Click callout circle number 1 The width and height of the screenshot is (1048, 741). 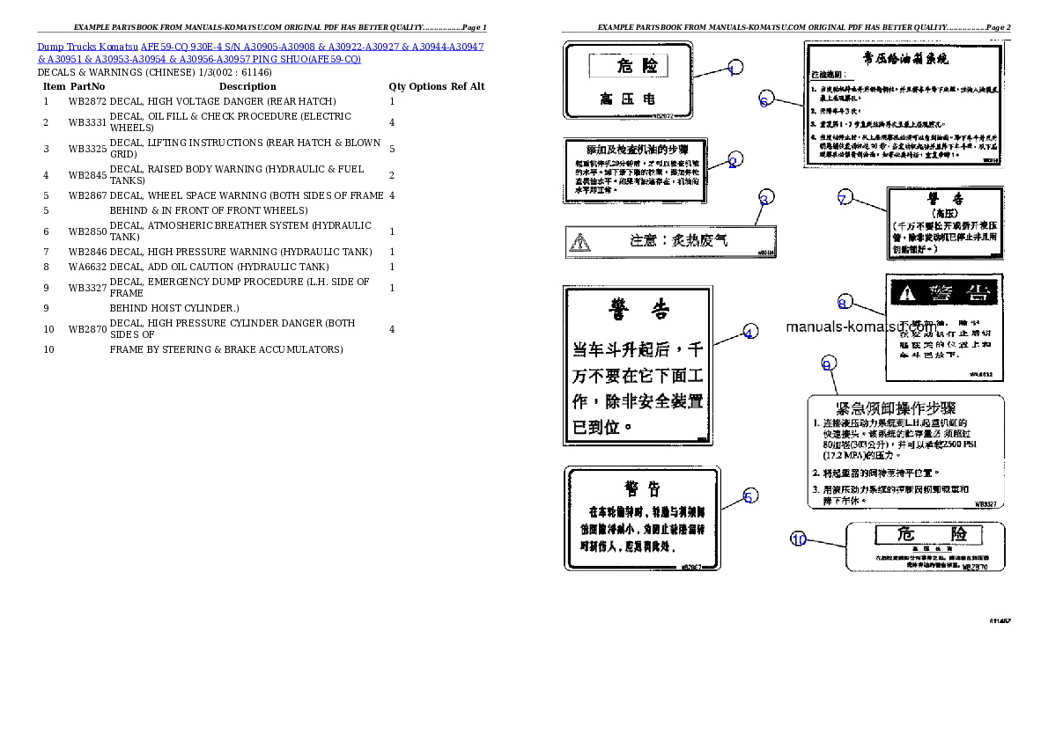[734, 68]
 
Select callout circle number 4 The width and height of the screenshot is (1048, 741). [749, 332]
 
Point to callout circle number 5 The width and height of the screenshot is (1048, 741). [749, 496]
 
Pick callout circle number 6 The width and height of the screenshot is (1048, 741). [764, 99]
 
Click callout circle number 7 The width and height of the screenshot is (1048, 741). [843, 199]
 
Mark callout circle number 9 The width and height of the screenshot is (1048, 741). [827, 363]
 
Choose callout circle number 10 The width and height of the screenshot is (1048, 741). [798, 539]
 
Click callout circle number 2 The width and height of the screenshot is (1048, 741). [734, 159]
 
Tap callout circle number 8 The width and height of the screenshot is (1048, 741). [844, 302]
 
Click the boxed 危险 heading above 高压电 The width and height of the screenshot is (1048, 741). [627, 66]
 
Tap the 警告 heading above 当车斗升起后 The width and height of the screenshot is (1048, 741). [638, 309]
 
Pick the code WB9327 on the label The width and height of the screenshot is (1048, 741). [985, 504]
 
